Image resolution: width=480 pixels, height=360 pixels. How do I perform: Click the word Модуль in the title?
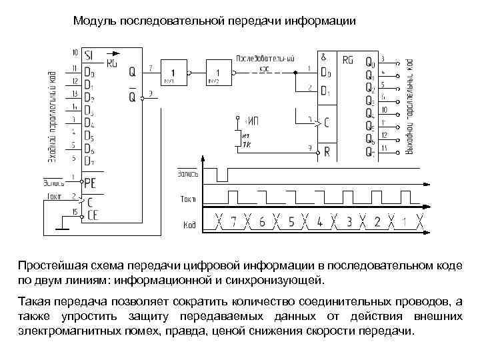point(95,21)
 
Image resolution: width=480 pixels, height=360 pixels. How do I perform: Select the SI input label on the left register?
point(89,55)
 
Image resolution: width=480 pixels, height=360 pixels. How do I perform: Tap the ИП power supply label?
point(252,121)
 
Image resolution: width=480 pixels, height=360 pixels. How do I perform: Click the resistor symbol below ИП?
point(237,138)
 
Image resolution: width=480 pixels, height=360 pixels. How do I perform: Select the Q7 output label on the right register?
point(369,151)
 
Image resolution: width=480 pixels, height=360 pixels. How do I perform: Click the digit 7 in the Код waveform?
point(233,222)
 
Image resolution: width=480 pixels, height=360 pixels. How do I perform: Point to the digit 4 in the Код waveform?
point(320,222)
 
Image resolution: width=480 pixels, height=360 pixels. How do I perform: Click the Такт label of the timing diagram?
point(187,199)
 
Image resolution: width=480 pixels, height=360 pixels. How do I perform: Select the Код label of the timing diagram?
point(189,224)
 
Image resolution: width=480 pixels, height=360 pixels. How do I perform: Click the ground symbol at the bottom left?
point(61,228)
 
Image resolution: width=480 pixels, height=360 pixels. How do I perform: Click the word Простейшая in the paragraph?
point(50,265)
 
